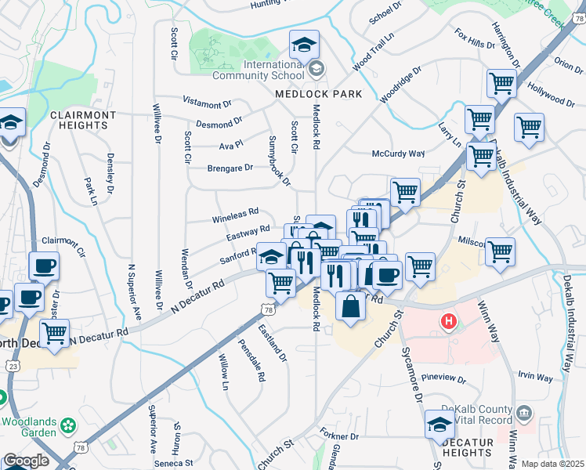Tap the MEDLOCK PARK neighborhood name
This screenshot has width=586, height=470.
(318, 94)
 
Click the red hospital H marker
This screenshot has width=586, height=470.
(448, 320)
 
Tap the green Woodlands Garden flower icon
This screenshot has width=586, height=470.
(70, 425)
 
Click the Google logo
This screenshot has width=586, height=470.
(25, 461)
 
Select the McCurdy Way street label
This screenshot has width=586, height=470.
(397, 154)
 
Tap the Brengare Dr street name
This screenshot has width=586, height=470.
(230, 168)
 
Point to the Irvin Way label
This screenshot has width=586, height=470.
(534, 377)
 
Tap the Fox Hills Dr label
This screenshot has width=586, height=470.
(475, 39)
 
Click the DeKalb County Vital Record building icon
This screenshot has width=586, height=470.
(524, 412)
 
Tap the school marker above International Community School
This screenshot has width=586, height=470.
(304, 45)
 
